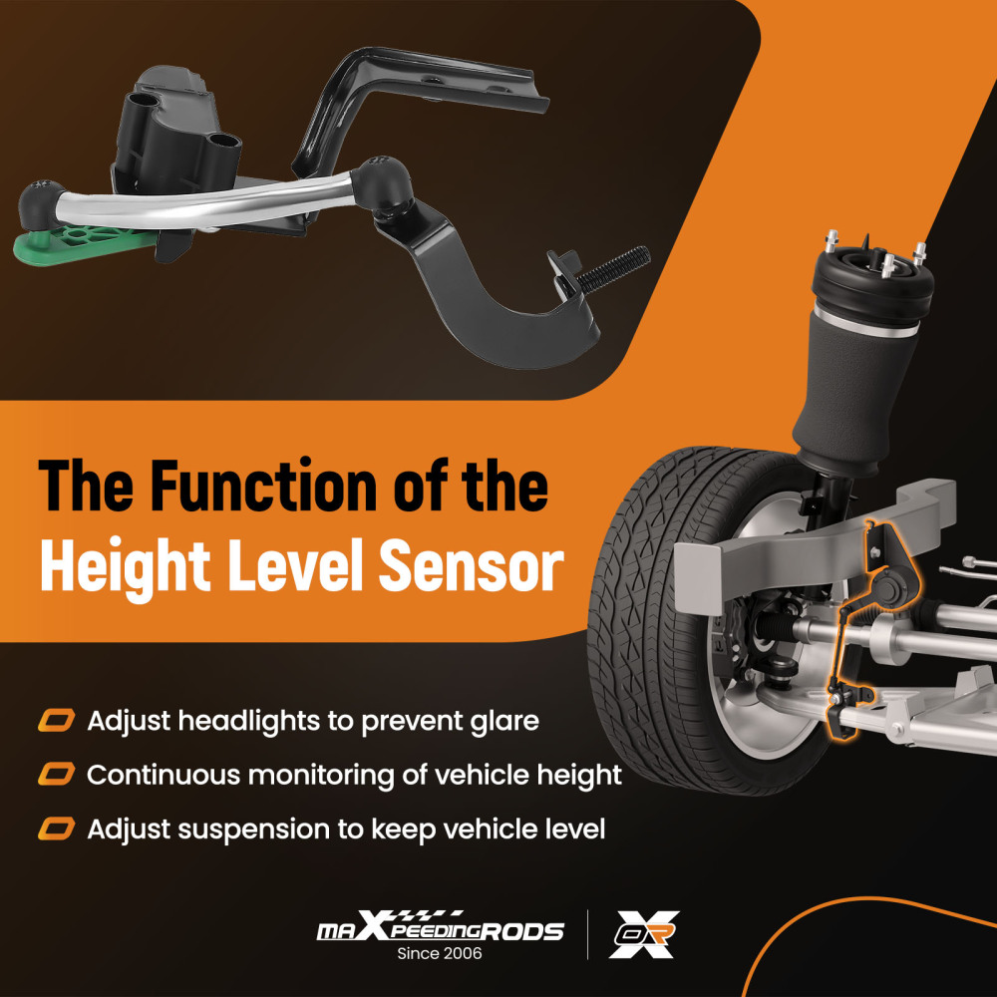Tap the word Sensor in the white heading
tap(472, 566)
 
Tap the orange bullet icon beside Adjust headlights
tap(57, 721)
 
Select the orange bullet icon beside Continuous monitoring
tap(57, 775)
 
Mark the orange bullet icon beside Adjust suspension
tap(57, 829)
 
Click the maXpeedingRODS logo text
tap(440, 927)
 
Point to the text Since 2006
tap(440, 953)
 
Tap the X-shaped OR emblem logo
tap(643, 934)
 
